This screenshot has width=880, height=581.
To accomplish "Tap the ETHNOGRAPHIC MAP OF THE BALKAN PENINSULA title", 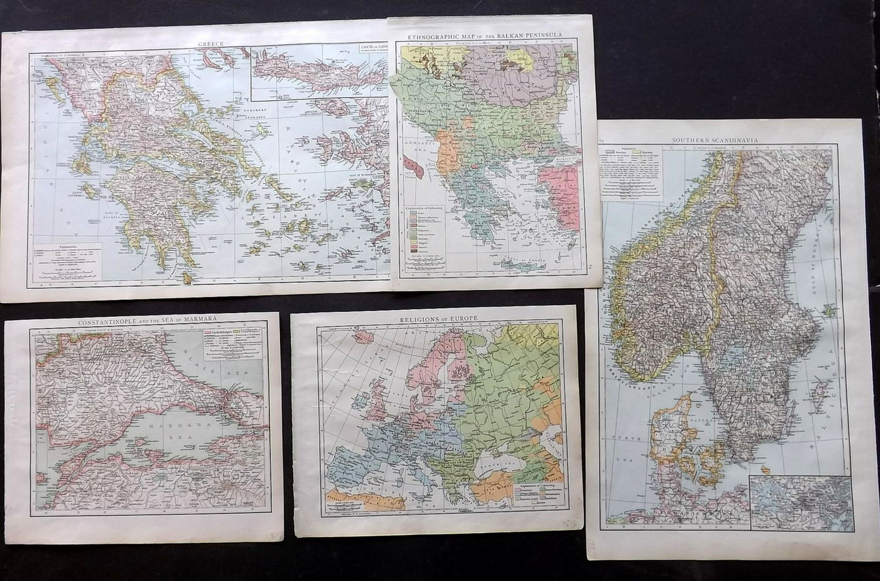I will point(485,35).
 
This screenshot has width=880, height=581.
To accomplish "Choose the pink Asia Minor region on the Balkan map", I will point(558,198).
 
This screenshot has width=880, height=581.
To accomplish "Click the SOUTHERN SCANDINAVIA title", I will point(720,140).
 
